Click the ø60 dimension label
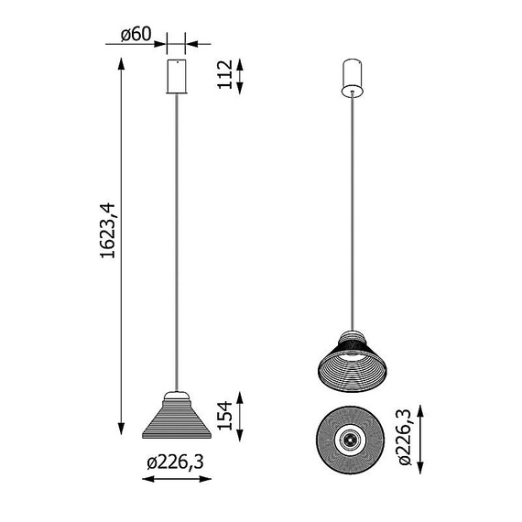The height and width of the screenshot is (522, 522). pyautogui.click(x=136, y=34)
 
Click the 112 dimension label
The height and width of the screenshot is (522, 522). pyautogui.click(x=225, y=74)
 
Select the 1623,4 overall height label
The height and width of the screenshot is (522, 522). pyautogui.click(x=108, y=231)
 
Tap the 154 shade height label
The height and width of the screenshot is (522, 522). pyautogui.click(x=225, y=416)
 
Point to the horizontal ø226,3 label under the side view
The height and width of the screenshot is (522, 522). pyautogui.click(x=175, y=462)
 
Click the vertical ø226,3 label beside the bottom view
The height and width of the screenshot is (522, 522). pyautogui.click(x=405, y=437)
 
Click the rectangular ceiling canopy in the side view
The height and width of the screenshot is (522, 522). pyautogui.click(x=177, y=76)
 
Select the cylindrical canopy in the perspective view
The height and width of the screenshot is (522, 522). pyautogui.click(x=353, y=78)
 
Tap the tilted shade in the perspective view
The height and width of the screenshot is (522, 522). pyautogui.click(x=353, y=361)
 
